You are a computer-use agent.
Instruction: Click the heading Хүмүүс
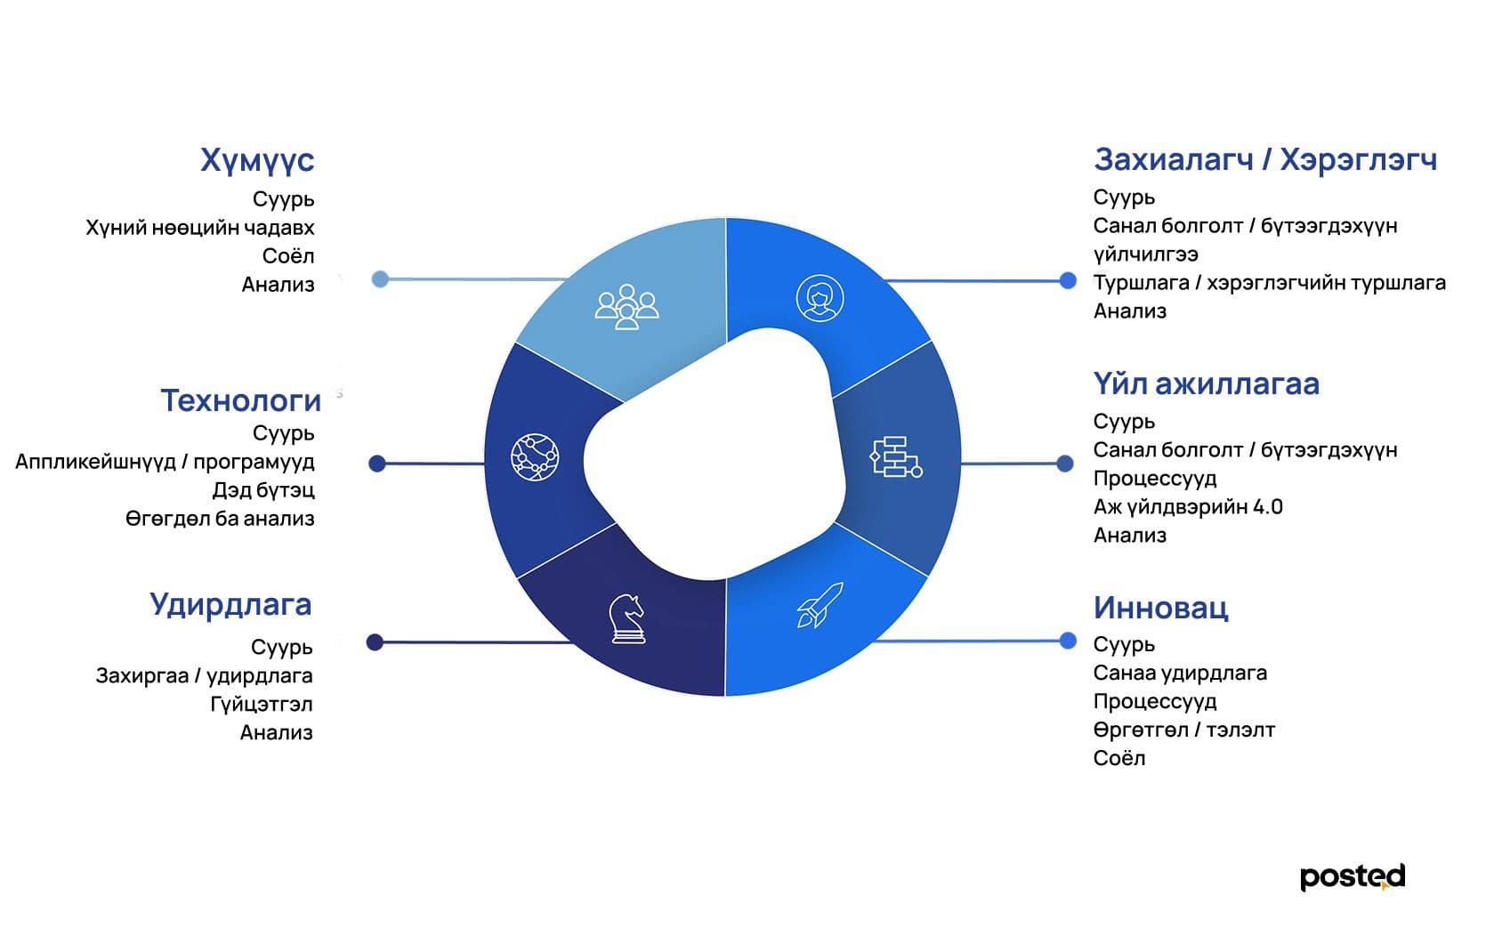257,161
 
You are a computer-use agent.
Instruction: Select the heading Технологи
241,400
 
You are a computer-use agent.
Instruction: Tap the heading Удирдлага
230,606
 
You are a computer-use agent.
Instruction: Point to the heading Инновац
1161,608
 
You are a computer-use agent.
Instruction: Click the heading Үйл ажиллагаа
1206,384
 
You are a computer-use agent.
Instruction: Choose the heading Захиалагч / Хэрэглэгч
1265,160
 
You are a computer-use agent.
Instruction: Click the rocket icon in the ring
820,605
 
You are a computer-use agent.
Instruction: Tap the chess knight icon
627,619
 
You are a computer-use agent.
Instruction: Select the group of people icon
627,306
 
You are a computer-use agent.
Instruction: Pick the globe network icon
535,457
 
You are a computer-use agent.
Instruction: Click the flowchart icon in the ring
895,457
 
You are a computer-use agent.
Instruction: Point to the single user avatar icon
820,298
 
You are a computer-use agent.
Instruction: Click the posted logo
1353,877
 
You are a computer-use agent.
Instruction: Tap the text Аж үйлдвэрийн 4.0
1188,507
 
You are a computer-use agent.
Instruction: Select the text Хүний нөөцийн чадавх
199,228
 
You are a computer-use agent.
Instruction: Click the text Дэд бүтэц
263,490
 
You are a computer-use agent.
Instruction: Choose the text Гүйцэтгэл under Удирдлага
262,704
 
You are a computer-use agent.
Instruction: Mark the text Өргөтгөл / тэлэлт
1184,730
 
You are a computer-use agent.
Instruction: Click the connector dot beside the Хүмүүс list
380,279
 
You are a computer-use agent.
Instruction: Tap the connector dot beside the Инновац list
1068,641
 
